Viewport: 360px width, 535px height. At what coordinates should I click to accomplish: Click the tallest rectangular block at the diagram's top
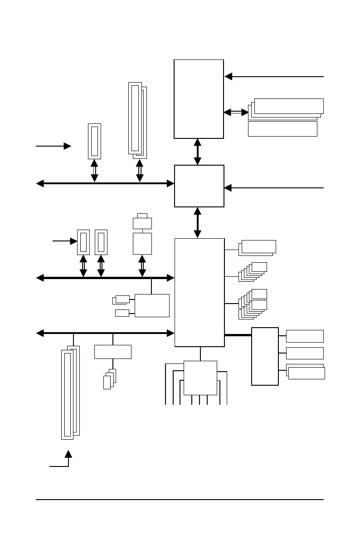199,98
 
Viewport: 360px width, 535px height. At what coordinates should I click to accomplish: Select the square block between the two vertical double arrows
199,186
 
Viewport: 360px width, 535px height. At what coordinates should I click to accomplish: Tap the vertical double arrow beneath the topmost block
198,152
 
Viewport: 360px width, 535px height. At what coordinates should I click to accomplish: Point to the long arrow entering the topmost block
274,76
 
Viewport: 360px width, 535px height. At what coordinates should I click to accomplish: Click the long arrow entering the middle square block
274,187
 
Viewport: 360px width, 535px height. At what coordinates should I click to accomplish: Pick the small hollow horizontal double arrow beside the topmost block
236,112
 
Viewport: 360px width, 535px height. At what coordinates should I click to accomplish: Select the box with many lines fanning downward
200,378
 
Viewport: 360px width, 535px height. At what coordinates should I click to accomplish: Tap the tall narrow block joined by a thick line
265,356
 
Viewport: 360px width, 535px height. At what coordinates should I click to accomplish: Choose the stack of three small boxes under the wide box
110,379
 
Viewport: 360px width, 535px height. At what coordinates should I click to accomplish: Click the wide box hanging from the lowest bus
112,352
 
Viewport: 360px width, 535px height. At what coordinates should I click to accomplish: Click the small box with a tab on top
142,222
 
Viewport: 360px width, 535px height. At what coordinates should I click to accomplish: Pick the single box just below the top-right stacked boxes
282,129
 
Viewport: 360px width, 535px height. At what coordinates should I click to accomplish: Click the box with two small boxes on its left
152,305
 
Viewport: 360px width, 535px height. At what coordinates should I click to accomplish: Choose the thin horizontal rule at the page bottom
180,500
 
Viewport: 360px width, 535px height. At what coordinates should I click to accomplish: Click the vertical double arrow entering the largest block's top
198,222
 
